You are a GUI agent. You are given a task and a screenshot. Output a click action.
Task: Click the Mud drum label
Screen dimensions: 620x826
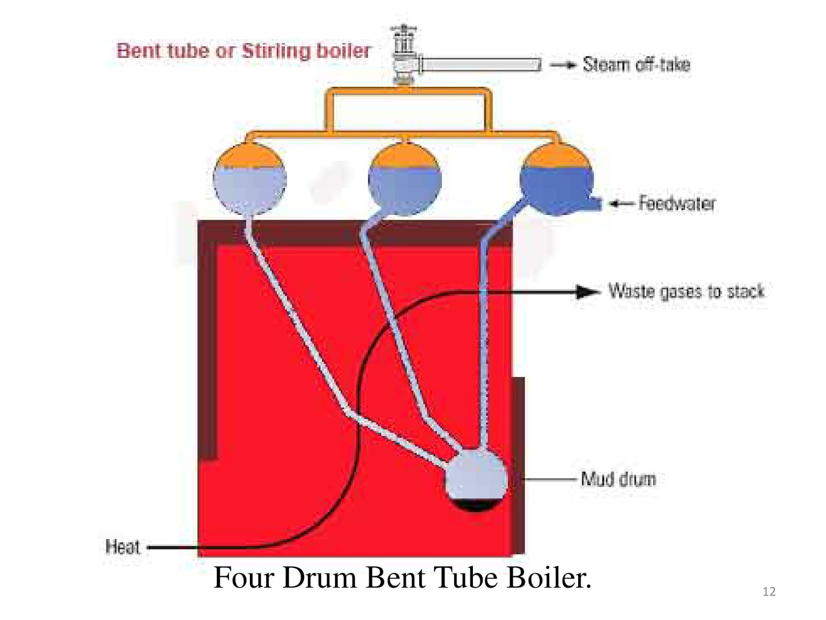(x=618, y=479)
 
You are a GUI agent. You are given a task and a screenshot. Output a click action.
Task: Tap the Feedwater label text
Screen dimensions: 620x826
(x=677, y=203)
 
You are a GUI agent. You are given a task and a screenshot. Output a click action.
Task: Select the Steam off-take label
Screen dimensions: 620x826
(x=636, y=65)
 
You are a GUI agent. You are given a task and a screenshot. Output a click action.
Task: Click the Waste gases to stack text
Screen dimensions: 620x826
(x=686, y=291)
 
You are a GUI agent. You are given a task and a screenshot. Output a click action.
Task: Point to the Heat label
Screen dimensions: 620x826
(x=122, y=547)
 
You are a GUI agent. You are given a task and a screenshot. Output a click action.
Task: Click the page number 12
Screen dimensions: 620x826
(x=769, y=592)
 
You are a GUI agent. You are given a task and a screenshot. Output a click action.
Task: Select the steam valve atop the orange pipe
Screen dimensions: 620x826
(x=404, y=54)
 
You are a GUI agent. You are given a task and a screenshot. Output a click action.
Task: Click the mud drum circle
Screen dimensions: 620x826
(x=476, y=478)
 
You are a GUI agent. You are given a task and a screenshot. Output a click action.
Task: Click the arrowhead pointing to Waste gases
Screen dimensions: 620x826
(x=587, y=292)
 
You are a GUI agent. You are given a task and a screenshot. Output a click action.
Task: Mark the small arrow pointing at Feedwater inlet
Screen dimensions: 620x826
(x=620, y=204)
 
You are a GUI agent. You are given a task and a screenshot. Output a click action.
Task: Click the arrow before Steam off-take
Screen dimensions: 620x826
(x=563, y=65)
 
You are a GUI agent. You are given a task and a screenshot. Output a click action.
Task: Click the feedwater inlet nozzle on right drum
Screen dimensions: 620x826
(x=595, y=204)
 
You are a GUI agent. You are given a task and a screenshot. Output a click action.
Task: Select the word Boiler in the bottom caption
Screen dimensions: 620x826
(x=548, y=577)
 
